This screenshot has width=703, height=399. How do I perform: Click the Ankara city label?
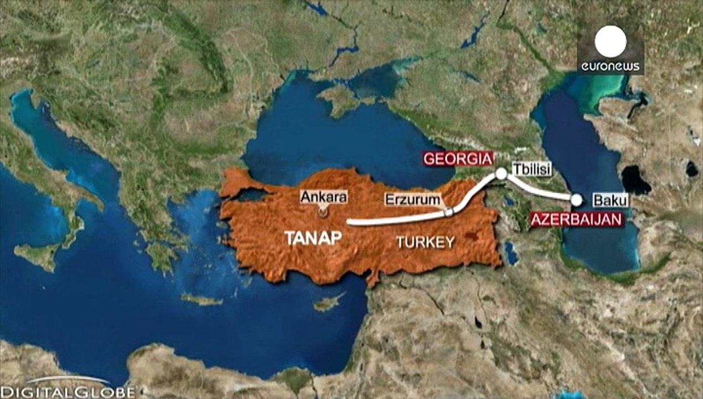pyautogui.click(x=323, y=196)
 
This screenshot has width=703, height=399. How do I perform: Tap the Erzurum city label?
pyautogui.click(x=413, y=199)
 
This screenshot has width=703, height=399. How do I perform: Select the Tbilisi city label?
pyautogui.click(x=531, y=169)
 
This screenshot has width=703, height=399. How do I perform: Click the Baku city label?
pyautogui.click(x=611, y=201)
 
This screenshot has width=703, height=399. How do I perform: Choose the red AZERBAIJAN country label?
pyautogui.click(x=576, y=220)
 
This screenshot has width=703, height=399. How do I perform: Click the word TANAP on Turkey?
pyautogui.click(x=313, y=238)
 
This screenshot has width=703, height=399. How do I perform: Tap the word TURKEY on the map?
pyautogui.click(x=425, y=242)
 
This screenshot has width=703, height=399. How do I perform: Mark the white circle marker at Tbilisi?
pyautogui.click(x=501, y=174)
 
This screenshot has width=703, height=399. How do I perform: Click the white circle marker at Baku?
pyautogui.click(x=577, y=199)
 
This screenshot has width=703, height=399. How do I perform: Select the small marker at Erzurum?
pyautogui.click(x=449, y=211)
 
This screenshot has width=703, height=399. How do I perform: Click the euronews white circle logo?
pyautogui.click(x=611, y=42)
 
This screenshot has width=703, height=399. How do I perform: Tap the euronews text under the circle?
pyautogui.click(x=611, y=67)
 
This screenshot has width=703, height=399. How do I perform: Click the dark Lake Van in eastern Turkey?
pyautogui.click(x=472, y=236)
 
